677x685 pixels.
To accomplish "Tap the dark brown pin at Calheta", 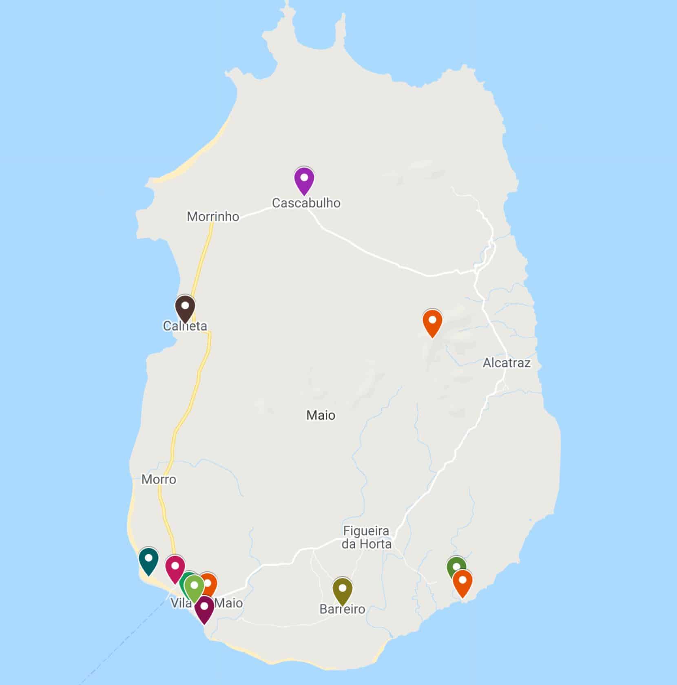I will (185, 307).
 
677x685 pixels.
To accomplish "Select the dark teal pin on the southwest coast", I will (148, 560).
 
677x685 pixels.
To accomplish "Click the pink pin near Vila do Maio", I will (175, 568).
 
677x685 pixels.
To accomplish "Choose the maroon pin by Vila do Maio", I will (204, 608).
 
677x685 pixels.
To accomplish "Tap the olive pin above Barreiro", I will (342, 590).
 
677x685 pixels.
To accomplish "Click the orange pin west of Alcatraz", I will (432, 322).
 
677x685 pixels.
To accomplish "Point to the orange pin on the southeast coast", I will (462, 582).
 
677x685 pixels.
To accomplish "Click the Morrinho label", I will (213, 217).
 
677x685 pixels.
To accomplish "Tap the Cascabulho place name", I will (306, 203).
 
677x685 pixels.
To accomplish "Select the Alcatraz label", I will (507, 363).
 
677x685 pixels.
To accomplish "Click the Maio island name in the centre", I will (321, 415).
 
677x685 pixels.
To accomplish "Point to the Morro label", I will (159, 479).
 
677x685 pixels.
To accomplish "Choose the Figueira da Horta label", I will (366, 537).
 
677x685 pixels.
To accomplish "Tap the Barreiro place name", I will (342, 609).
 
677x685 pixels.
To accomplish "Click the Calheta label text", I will (185, 326).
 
